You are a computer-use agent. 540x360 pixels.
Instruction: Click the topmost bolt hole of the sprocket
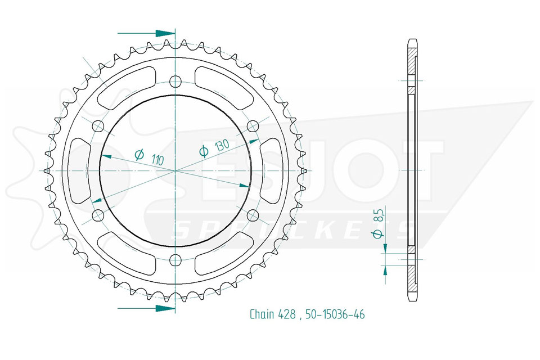(175, 82)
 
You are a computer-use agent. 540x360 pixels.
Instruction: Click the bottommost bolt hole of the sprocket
(175, 259)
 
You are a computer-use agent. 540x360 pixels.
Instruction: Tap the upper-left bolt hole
(98, 126)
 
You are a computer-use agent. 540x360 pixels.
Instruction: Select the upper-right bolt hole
(253, 126)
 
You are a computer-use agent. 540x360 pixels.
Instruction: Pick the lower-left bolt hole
(98, 215)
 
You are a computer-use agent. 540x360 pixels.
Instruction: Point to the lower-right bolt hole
(253, 215)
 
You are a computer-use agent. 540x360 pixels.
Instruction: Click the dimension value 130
(222, 146)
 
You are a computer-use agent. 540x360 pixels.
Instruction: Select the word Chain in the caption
(262, 314)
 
